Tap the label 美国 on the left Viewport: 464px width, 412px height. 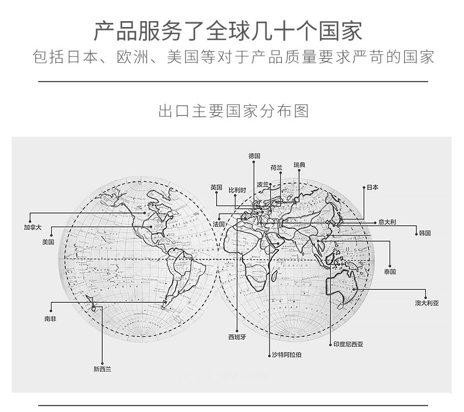pos(48,242)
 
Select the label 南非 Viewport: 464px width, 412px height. pos(50,319)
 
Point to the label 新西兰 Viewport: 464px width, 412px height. pos(102,369)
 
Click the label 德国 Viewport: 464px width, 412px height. pos(254,156)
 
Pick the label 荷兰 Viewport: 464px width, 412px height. pos(276,167)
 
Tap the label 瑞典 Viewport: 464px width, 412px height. pos(299,165)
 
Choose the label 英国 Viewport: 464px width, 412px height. pos(216,187)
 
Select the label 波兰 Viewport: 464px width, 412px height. pos(262,184)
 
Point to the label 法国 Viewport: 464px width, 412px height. pos(218,224)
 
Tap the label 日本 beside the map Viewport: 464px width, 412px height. pos(372,188)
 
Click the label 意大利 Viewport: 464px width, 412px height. pos(387,222)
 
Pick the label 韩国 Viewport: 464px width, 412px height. pos(425,233)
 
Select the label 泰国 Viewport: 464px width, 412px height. pos(390,272)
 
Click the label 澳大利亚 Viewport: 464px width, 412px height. pos(426,303)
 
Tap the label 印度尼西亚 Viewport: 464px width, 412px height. pos(348,345)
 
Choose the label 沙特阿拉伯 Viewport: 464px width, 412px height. pos(286,355)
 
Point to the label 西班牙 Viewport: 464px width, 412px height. pos(237,337)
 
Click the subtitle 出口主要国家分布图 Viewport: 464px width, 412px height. pos(233,112)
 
